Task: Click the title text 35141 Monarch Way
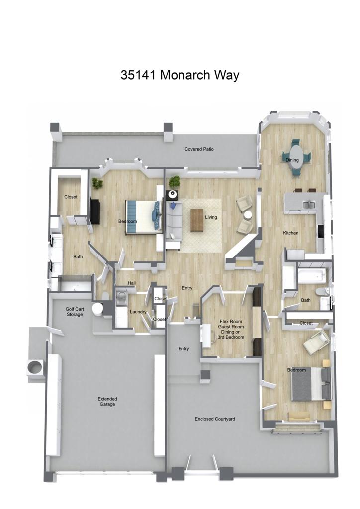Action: (180, 75)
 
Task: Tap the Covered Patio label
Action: (199, 149)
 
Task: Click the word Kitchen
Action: (290, 233)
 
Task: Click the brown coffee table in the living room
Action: (197, 220)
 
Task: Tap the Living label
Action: (211, 217)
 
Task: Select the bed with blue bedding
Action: (143, 216)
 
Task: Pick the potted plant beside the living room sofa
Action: (174, 181)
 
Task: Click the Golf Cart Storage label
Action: (75, 312)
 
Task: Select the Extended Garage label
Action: (107, 402)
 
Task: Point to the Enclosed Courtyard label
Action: (215, 419)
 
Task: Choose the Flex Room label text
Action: (232, 322)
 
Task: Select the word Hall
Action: (131, 284)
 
